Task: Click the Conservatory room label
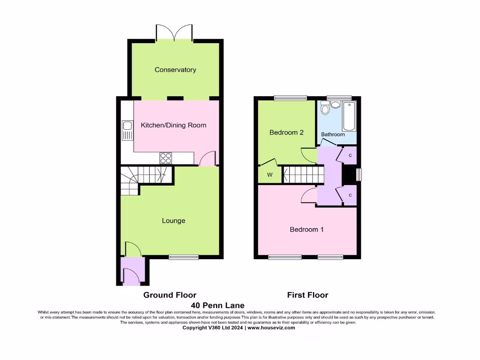pos(175,70)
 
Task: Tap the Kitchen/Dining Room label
pos(173,125)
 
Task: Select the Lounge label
pos(173,221)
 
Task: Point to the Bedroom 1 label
pos(307,230)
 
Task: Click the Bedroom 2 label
pos(286,133)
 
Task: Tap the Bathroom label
pos(333,135)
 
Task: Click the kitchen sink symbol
pos(127,130)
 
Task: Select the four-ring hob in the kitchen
pos(165,158)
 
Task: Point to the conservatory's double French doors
pos(174,32)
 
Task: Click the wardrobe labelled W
pos(270,175)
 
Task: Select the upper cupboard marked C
pos(350,155)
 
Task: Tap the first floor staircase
pos(303,175)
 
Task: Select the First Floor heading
pos(307,295)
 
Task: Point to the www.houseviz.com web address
pos(271,328)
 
